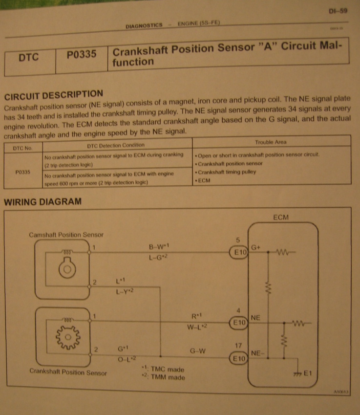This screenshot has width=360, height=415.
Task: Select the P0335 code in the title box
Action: (x=81, y=55)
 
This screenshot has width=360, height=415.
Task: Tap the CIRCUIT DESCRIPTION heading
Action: (x=53, y=94)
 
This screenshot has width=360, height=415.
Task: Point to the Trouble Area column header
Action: (x=271, y=142)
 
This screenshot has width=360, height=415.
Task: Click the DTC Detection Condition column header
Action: (x=116, y=145)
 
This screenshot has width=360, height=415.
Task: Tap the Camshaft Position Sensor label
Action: (x=66, y=235)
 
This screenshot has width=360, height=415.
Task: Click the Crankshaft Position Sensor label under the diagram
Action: (x=68, y=372)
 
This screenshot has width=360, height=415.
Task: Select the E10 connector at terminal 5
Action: (x=239, y=253)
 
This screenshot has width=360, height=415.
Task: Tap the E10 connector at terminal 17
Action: (x=239, y=358)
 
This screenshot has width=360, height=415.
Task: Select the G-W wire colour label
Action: (x=198, y=350)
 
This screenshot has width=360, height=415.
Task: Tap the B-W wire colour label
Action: (x=161, y=246)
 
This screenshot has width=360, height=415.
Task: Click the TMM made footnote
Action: (x=164, y=378)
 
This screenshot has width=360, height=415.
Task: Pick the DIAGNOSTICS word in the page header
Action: (x=144, y=26)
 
